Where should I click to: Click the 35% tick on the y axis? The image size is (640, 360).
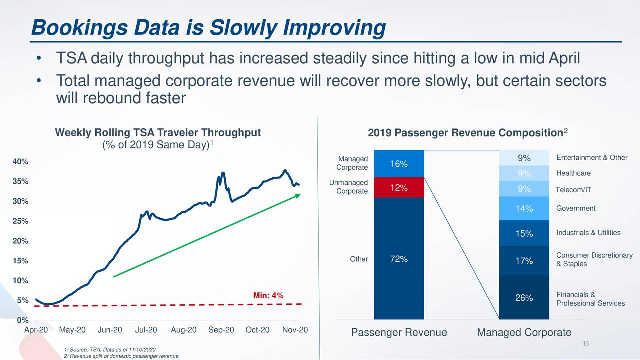[x=20, y=181]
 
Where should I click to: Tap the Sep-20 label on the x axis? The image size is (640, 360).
[x=221, y=330]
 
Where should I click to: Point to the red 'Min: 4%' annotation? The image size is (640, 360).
[x=268, y=295]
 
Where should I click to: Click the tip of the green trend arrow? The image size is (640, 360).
[x=300, y=194]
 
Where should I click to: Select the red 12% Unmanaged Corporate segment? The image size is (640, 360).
[x=399, y=187]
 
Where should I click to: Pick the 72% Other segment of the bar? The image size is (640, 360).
[x=399, y=258]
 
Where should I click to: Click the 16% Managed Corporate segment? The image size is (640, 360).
[x=399, y=163]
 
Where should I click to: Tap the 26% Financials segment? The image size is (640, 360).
[x=524, y=297]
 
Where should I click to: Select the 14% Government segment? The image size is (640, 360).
[x=524, y=208]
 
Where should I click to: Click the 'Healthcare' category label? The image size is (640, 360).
[x=573, y=173]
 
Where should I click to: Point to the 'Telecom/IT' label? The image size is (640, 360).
[x=573, y=190]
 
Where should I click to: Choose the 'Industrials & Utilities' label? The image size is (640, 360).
[x=588, y=233]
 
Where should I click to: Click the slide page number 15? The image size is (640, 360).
[x=586, y=343]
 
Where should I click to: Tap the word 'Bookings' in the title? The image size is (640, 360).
[x=79, y=28]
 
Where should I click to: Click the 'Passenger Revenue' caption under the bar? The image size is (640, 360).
[x=399, y=332]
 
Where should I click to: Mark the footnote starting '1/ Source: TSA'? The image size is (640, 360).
[x=110, y=350]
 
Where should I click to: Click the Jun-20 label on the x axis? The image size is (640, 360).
[x=110, y=330]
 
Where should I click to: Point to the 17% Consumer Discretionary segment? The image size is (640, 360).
[x=524, y=261]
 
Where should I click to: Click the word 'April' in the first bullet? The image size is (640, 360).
[x=564, y=58]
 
